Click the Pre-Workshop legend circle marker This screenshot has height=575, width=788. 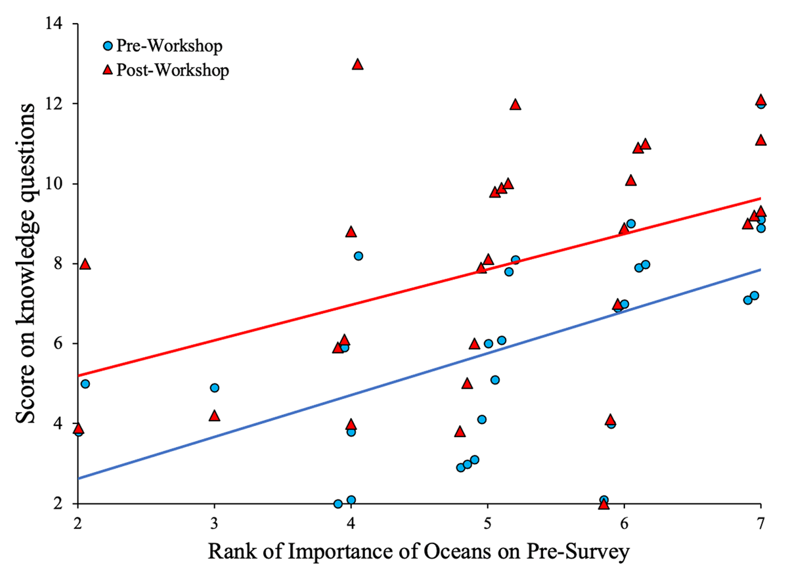(x=108, y=47)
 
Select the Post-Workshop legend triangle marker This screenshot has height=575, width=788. (x=108, y=70)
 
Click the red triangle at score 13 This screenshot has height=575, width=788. (x=357, y=64)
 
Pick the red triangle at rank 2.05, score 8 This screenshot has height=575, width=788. (x=85, y=264)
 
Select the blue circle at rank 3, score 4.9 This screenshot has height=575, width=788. (x=214, y=388)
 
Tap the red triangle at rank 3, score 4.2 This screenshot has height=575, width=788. (x=214, y=416)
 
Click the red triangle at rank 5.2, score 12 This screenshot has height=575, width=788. (x=515, y=104)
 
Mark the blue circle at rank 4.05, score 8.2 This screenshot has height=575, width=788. (x=358, y=256)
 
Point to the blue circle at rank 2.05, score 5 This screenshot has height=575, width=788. (x=85, y=384)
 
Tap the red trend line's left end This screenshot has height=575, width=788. (x=79, y=375)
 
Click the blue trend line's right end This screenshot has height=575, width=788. (x=760, y=269)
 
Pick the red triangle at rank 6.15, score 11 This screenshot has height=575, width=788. (x=645, y=144)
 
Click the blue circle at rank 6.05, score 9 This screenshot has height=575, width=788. (x=631, y=224)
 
